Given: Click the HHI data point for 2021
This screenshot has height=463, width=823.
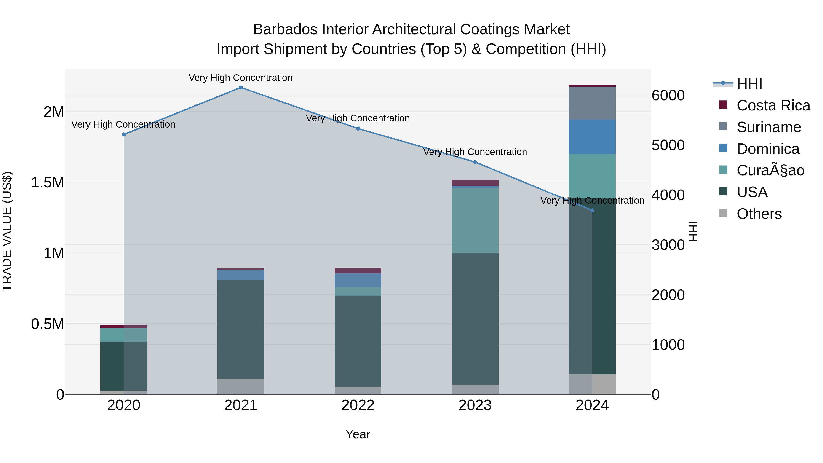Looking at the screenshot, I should click(x=241, y=88).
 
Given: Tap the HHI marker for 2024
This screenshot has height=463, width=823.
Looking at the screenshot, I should click(x=592, y=211).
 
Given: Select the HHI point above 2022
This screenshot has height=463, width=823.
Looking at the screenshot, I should click(x=358, y=129).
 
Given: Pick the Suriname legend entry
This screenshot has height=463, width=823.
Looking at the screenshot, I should click(x=768, y=127).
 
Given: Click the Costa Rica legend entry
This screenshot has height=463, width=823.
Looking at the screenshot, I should click(x=773, y=105).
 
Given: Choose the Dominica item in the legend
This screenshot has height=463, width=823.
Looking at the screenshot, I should click(x=768, y=149).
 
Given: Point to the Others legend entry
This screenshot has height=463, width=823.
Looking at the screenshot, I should click(x=759, y=214).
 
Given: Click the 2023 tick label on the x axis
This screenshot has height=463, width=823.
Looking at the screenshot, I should click(x=475, y=405).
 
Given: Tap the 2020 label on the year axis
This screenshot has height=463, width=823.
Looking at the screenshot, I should click(x=124, y=405).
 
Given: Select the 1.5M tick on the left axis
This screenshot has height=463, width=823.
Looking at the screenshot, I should click(x=48, y=183).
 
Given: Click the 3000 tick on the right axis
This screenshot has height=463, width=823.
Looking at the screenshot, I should click(x=668, y=245).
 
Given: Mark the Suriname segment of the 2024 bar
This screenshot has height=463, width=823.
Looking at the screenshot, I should click(x=592, y=103).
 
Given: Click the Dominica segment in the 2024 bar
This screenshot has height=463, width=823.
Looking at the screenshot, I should click(x=592, y=137).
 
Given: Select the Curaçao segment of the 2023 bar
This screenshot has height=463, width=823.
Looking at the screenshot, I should click(x=475, y=220).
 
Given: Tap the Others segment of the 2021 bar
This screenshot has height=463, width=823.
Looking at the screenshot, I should click(x=241, y=386).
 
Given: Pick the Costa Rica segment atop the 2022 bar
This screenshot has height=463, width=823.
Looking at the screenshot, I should click(x=358, y=271).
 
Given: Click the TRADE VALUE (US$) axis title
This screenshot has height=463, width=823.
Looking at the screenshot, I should click(x=7, y=231).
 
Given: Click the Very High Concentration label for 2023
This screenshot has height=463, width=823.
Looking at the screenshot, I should click(x=475, y=152).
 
